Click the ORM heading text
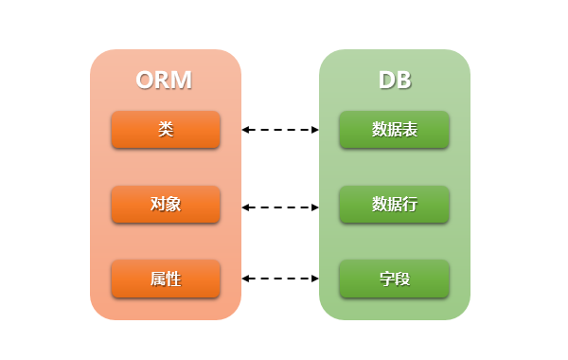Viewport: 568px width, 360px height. click(164, 81)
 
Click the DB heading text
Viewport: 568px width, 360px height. click(395, 81)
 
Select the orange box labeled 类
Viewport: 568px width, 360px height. click(166, 130)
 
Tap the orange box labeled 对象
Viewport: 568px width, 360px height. click(166, 204)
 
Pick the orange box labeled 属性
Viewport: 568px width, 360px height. click(166, 279)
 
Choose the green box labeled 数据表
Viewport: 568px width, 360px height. click(395, 130)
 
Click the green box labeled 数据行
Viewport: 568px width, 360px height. click(395, 204)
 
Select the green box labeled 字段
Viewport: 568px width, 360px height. click(395, 279)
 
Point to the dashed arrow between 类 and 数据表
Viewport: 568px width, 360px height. click(280, 130)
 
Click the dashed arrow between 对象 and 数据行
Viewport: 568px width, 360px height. click(280, 205)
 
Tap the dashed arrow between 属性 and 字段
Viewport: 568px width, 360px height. click(280, 279)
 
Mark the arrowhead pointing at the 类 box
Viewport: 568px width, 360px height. click(245, 130)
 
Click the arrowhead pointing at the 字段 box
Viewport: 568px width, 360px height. click(315, 279)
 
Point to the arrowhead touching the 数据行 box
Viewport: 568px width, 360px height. click(315, 205)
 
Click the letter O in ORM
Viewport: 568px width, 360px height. click(146, 81)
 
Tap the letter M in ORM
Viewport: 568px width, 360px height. click(181, 81)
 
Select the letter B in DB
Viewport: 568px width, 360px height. click(403, 81)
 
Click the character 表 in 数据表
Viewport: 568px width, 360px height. click(410, 130)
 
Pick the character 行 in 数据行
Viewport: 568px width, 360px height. click(410, 204)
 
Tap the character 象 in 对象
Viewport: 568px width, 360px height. click(173, 204)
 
